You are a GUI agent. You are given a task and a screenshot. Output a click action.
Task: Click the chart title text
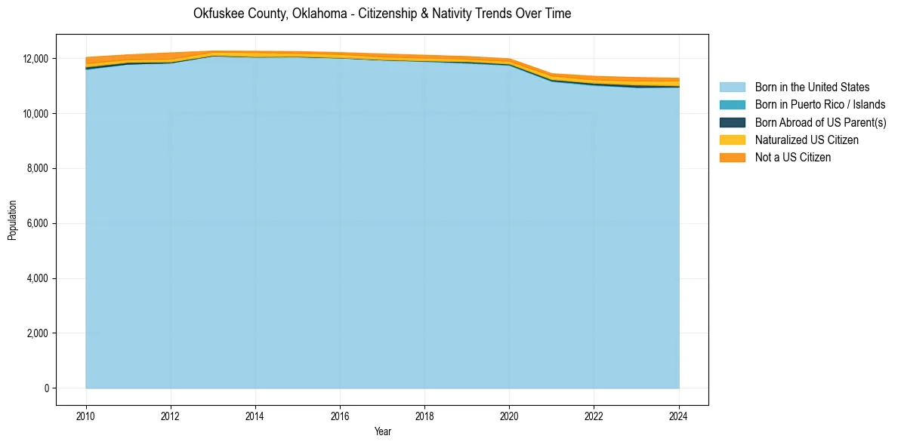[x=381, y=14]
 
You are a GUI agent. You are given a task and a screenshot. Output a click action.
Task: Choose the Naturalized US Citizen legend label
[x=807, y=140]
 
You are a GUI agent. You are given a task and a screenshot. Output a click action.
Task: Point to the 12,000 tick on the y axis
[x=35, y=59]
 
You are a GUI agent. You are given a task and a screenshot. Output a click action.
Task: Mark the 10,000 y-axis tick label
[x=35, y=114]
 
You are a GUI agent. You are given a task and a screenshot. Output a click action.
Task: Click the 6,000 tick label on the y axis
[x=37, y=224]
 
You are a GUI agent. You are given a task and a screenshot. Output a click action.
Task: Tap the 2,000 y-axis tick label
[x=37, y=333]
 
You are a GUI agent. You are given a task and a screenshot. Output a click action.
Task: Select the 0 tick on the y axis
[x=47, y=388]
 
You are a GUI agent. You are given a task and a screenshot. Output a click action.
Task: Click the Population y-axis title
[x=12, y=220]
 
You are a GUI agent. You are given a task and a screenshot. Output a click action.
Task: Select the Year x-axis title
[x=382, y=431]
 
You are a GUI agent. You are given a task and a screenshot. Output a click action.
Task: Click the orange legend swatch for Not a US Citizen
[x=732, y=158]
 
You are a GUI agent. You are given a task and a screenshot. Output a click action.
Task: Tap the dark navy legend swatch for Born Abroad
[x=732, y=122]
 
